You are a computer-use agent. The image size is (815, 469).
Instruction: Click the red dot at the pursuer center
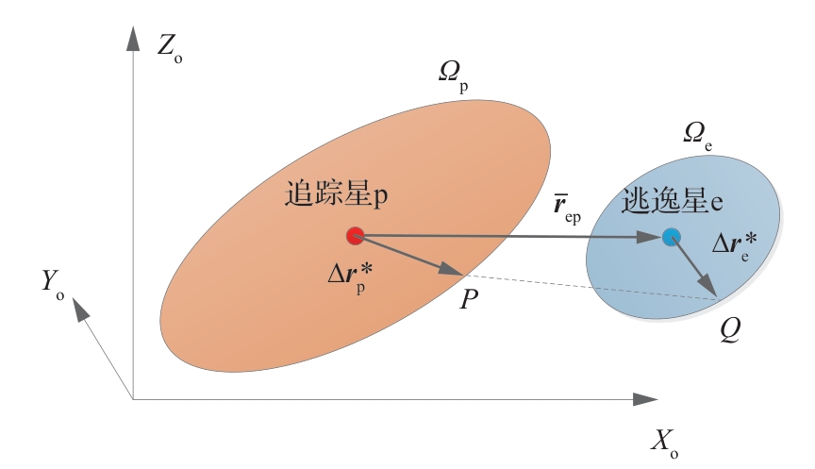(x=355, y=236)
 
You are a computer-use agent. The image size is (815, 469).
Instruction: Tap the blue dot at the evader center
(x=672, y=237)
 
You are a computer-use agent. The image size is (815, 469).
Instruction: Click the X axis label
(x=665, y=444)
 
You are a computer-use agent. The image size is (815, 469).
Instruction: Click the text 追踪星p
(x=336, y=194)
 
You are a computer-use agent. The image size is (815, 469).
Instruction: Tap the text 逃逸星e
(x=672, y=202)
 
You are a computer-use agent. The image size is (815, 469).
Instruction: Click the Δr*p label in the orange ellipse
(x=350, y=277)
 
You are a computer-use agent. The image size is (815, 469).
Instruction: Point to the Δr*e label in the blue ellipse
(x=735, y=245)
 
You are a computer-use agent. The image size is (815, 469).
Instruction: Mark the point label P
(x=469, y=299)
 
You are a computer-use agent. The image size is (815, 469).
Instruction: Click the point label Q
(x=730, y=329)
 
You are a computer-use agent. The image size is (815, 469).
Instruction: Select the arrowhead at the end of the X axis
(x=645, y=399)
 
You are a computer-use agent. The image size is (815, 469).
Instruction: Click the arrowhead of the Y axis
(x=79, y=310)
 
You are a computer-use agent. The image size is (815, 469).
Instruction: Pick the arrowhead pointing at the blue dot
(x=650, y=237)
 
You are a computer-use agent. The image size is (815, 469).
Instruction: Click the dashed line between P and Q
(x=590, y=287)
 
